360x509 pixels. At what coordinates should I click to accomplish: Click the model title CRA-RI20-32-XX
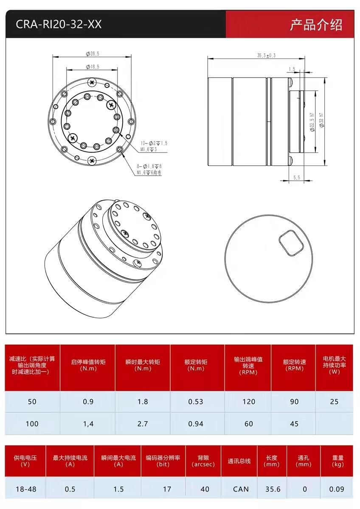(59, 24)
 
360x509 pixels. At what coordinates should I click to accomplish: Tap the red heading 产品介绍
(316, 25)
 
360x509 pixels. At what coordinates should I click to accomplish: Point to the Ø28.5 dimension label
(92, 54)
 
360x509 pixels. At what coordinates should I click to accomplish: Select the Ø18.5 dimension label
(92, 67)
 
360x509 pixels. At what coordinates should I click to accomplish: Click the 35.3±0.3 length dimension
(266, 56)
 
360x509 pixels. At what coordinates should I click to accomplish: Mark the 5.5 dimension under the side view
(296, 178)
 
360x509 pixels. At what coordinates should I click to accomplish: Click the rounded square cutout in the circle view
(291, 243)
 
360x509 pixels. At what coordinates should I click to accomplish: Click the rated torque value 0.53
(196, 402)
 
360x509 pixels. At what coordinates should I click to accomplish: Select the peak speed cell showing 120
(249, 402)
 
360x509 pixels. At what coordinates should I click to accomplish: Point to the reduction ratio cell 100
(32, 423)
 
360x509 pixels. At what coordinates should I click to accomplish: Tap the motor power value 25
(334, 402)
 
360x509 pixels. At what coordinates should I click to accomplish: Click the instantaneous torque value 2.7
(143, 423)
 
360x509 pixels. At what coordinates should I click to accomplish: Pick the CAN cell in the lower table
(241, 489)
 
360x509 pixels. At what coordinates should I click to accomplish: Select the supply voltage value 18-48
(26, 489)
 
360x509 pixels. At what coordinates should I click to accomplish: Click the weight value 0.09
(337, 489)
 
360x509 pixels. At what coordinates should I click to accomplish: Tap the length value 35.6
(273, 489)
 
